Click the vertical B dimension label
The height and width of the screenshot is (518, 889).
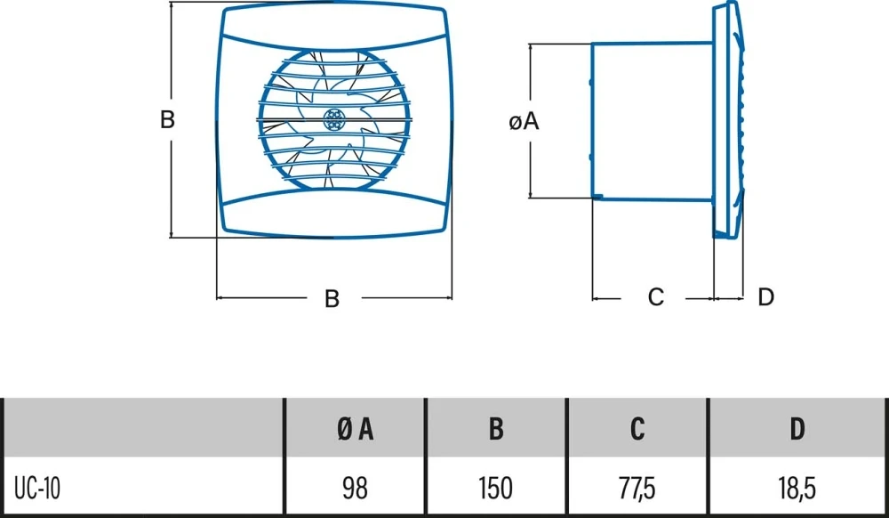coord(167,119)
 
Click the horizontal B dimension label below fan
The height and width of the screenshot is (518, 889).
coord(332,299)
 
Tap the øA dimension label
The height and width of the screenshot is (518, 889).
coord(525,122)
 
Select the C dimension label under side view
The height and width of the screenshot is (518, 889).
coord(655,297)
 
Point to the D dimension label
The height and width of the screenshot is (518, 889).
coord(765,297)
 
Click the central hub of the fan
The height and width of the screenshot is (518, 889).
coord(336,119)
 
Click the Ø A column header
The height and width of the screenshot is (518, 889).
coord(355,429)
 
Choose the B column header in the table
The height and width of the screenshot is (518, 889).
coord(496,429)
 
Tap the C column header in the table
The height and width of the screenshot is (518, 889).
coord(637,429)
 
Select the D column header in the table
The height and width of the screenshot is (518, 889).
coord(797,429)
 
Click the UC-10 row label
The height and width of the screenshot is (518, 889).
coord(37,488)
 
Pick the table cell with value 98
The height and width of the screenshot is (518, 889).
coord(355,488)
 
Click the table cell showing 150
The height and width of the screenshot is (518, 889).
coord(496,488)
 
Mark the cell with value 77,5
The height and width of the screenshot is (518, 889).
coord(637,488)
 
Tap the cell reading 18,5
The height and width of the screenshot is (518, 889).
coord(797,488)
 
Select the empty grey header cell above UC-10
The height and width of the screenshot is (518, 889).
coord(142,429)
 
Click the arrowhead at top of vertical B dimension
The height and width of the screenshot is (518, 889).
coord(171,6)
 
